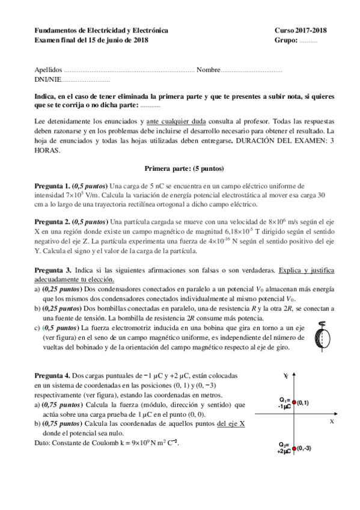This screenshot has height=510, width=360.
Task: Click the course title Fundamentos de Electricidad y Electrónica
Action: point(102,30)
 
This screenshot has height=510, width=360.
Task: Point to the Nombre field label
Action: point(208,70)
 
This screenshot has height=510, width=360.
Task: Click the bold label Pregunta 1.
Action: point(52,186)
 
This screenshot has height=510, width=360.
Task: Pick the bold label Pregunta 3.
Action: point(52,271)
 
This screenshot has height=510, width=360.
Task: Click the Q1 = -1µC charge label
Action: point(284,403)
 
